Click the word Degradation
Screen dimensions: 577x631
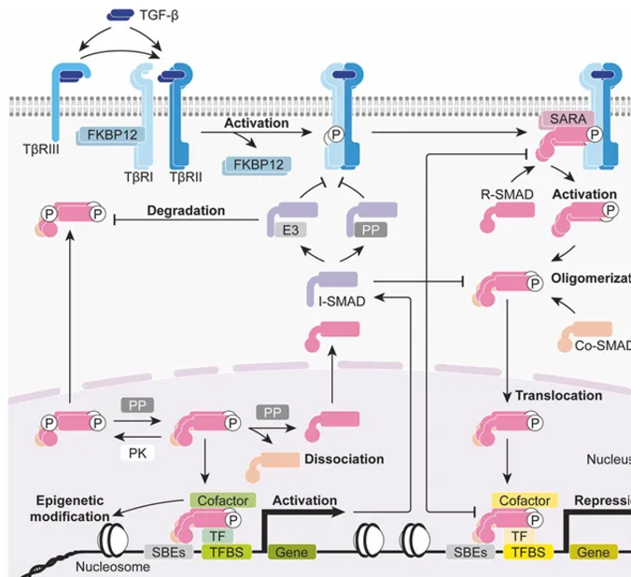click(x=186, y=211)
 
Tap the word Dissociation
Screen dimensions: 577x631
click(x=344, y=459)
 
